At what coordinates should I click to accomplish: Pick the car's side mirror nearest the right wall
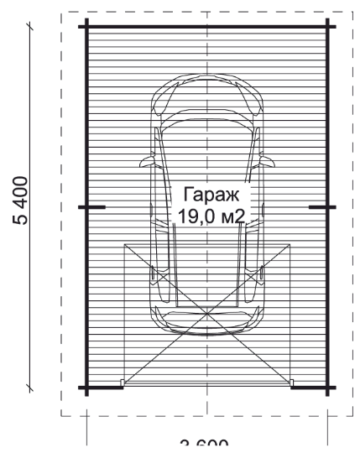pos(268,160)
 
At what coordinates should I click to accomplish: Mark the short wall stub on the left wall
pos(94,206)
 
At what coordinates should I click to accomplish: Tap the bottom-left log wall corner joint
pos(87,388)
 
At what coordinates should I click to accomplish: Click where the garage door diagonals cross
pos(206,315)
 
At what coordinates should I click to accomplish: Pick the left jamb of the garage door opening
pos(123,384)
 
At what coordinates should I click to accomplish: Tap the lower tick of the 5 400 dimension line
pos(31,388)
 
